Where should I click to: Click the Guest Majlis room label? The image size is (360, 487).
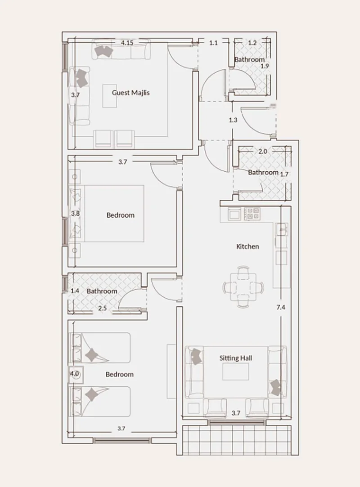tap(130, 93)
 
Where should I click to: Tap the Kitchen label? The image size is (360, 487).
tap(247, 246)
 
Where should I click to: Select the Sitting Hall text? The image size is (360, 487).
tap(236, 358)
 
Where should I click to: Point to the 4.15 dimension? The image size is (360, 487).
tap(127, 43)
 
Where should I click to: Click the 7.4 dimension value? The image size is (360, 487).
tap(281, 307)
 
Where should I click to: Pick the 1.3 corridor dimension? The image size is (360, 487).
tap(233, 120)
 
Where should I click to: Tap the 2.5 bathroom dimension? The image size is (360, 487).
tap(102, 308)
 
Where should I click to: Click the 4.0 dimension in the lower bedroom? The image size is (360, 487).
tap(74, 374)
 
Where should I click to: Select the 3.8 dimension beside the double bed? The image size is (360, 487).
tap(75, 214)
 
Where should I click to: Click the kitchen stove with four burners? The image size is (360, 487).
tap(252, 214)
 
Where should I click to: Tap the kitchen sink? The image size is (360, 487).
tap(282, 229)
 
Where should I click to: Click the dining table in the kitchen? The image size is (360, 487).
tap(243, 287)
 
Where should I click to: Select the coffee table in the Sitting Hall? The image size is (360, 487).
tap(235, 371)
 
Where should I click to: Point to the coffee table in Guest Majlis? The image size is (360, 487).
tap(110, 96)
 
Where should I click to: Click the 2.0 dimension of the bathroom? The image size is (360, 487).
tap(263, 151)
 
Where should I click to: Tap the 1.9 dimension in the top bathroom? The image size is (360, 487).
tap(265, 66)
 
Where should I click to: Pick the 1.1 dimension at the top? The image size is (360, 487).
tap(213, 43)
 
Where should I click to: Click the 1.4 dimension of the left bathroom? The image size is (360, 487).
tap(75, 290)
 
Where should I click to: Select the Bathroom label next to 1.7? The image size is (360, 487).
tap(263, 172)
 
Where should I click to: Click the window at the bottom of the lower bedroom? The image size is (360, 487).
tap(122, 440)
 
